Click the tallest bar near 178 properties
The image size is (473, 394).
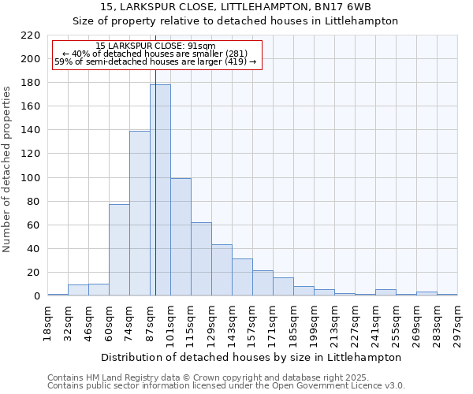pos(160,190)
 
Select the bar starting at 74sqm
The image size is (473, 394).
pos(140,214)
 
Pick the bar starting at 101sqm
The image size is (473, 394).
pos(181,237)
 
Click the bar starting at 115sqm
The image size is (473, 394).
pos(201,259)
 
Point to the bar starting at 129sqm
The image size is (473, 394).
pos(222,270)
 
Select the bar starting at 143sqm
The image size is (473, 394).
pos(242,277)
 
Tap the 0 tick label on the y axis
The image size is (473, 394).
pos(37,296)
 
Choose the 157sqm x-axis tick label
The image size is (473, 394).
pos(252,323)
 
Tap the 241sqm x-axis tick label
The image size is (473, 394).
pos(375,323)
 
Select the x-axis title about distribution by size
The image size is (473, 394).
pos(251,357)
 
